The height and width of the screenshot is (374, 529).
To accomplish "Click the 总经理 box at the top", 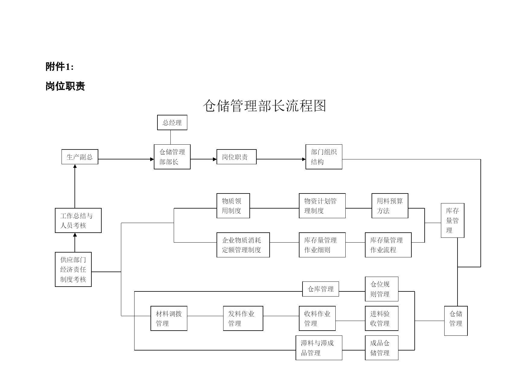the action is (172, 122).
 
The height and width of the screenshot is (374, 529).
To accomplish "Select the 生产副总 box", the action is (80, 157).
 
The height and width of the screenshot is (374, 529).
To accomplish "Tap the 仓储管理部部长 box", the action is (172, 157).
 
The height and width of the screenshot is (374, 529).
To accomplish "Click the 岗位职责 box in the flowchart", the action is (236, 157).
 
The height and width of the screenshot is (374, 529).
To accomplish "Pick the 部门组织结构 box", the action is (324, 157).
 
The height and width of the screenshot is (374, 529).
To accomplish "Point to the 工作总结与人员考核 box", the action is (78, 220).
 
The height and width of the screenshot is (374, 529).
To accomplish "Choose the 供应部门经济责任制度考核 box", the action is (73, 269).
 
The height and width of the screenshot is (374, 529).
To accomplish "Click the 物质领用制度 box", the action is (233, 206).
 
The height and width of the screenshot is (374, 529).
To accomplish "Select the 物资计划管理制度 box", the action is (322, 206).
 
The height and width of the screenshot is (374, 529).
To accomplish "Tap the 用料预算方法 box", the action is (390, 206).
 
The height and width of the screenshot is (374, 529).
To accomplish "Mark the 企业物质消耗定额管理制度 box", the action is (243, 245).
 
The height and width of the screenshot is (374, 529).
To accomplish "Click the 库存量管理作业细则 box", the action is (322, 245).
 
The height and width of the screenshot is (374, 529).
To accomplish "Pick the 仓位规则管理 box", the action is (382, 289).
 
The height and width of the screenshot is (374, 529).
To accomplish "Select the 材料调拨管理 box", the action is (169, 318).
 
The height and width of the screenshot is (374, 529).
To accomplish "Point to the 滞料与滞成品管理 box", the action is (319, 348).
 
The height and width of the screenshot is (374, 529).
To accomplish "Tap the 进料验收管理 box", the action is (382, 318).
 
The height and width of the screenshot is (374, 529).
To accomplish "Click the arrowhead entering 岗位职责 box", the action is (215, 159).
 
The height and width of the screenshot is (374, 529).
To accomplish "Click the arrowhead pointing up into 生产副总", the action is (75, 166).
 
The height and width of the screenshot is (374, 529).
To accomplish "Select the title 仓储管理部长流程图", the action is (264, 106).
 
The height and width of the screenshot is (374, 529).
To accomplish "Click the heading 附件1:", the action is (60, 67).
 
